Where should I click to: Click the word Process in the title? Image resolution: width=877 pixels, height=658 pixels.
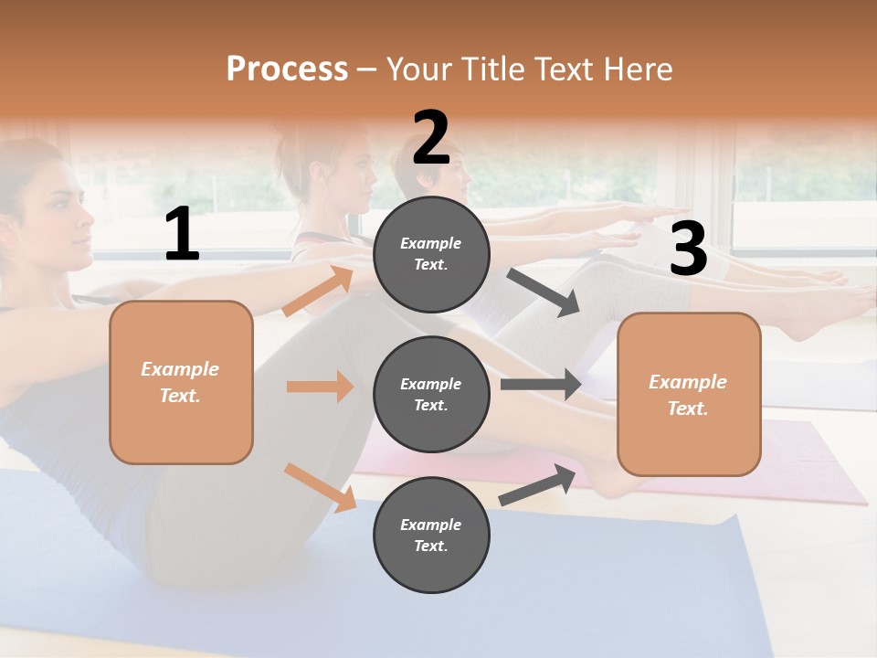pos(287,69)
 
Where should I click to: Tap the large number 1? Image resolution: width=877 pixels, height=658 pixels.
pos(182,235)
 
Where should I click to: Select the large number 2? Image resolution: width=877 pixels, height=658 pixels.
pos(431,138)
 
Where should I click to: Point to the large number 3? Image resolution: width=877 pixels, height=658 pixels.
pos(688,249)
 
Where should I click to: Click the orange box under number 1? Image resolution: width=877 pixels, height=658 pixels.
pos(181,382)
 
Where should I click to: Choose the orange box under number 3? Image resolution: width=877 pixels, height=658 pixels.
pos(689,394)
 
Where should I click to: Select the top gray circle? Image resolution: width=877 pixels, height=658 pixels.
pos(431,254)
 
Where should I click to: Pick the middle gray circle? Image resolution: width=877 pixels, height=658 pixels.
pos(431,394)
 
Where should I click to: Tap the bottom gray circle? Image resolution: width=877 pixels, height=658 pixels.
pos(431,535)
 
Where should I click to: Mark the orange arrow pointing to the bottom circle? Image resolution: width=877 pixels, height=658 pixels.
pos(321,487)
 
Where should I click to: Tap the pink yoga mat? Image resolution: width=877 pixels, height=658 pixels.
pos(804,466)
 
